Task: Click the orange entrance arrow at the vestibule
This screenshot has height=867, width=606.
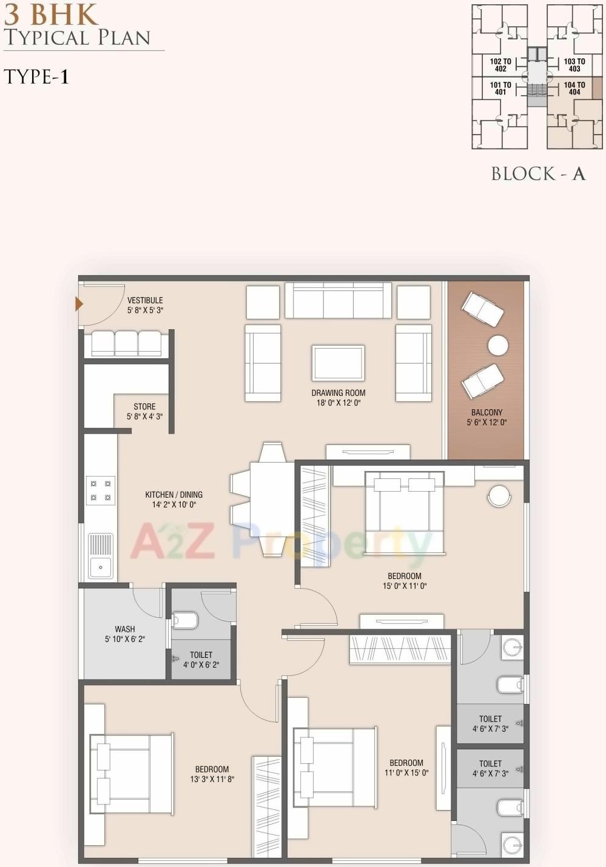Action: pos(78,304)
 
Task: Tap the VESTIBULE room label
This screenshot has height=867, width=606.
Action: pos(145,300)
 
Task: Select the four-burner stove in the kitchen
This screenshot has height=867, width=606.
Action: pos(101,490)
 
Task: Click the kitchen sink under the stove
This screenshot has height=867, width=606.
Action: pos(101,556)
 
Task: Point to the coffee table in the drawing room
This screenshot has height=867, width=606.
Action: pos(338,363)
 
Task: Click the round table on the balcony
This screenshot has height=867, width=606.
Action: pos(498,346)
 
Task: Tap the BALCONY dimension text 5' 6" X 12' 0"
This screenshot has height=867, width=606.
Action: pos(486,423)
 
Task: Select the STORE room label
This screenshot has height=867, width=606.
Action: pos(144,407)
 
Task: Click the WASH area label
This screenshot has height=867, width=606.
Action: pos(124,629)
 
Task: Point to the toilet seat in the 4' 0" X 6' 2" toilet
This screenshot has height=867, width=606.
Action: pos(186,620)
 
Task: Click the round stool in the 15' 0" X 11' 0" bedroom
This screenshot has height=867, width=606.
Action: pos(499,495)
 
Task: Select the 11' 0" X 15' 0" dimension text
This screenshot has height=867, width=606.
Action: pos(406,773)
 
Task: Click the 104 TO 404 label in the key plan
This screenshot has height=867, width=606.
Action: pos(574,89)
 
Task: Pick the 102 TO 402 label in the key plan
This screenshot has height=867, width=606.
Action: pos(500,65)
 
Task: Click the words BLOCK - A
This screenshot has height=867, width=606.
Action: pos(538,174)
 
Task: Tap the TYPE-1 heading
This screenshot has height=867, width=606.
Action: pos(36,77)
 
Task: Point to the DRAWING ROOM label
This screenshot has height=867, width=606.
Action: pos(338,393)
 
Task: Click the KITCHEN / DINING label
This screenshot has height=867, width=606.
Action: pos(173,495)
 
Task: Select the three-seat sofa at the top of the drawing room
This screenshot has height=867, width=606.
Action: pos(338,300)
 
